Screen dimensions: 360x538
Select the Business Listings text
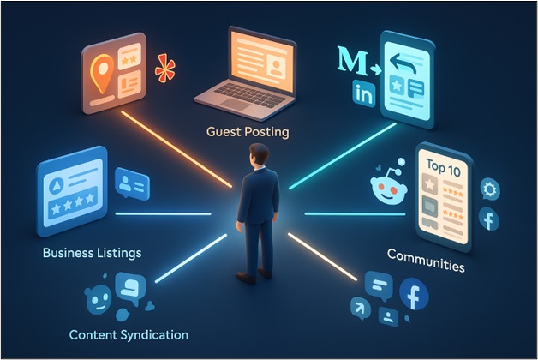[x=92, y=254]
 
